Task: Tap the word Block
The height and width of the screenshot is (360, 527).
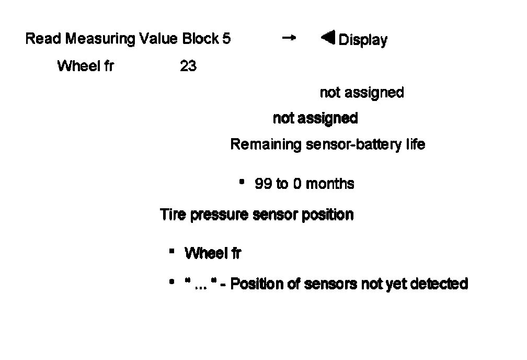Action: click(x=201, y=39)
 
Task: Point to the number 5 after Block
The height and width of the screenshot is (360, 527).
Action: click(x=226, y=39)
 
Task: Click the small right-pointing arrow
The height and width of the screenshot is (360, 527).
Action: click(x=289, y=38)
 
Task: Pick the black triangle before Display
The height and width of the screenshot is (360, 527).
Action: click(x=328, y=38)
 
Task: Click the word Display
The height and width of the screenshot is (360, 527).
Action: click(x=363, y=40)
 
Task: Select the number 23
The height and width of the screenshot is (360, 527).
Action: click(x=188, y=66)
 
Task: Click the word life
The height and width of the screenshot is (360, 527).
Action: click(x=415, y=144)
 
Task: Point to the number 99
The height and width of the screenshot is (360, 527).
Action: click(x=263, y=184)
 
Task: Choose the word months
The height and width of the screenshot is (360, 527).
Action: click(x=330, y=184)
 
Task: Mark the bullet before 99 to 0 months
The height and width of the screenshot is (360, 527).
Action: click(x=242, y=183)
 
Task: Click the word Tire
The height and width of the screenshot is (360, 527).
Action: click(x=173, y=215)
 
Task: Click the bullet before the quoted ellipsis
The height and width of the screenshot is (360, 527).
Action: click(x=171, y=283)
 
